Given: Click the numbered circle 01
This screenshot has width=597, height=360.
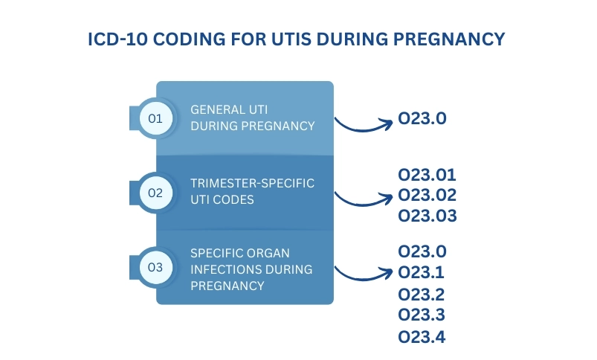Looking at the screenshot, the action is (x=155, y=118).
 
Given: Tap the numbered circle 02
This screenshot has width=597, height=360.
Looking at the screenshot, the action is (x=155, y=193).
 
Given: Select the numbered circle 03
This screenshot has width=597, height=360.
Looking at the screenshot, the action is (x=155, y=267).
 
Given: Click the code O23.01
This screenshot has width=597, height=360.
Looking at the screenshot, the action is (x=427, y=176).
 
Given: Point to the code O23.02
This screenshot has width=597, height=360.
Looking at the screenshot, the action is (x=427, y=196).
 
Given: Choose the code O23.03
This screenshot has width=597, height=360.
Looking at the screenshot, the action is (x=427, y=216).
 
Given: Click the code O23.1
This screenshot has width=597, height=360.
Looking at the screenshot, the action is (x=421, y=272).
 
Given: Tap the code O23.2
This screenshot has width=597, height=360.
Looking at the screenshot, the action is (x=422, y=295).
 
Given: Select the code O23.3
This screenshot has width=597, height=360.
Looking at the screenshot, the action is (x=422, y=315).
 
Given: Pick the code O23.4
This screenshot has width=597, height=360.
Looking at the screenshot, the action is (x=422, y=337).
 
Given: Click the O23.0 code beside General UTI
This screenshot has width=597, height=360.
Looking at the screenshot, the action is (x=422, y=118).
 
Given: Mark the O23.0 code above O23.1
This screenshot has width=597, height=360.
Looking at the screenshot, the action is (x=422, y=251).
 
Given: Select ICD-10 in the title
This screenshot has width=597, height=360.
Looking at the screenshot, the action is (x=117, y=39).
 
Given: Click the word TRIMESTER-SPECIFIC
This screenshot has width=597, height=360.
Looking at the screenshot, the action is (x=253, y=183).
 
